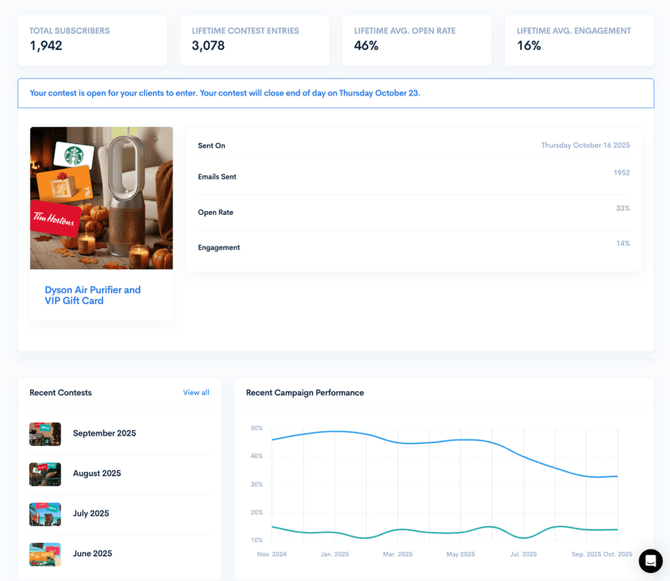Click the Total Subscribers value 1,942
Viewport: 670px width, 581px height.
45,46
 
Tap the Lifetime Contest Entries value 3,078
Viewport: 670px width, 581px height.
208,46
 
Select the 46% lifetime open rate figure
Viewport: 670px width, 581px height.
366,46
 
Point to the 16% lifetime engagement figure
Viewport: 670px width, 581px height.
528,46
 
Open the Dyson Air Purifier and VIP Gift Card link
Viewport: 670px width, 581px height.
92,295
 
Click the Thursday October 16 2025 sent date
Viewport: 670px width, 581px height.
585,145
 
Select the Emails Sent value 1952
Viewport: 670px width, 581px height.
621,173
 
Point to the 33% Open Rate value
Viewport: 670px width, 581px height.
622,208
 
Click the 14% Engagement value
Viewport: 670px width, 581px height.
622,243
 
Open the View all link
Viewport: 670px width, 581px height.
196,393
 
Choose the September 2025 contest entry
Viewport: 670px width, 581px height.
104,433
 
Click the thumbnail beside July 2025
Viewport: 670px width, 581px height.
45,514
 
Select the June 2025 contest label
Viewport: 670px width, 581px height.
92,554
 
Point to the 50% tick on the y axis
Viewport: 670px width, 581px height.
257,428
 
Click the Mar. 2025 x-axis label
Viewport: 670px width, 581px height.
397,554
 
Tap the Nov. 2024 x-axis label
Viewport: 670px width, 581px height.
272,554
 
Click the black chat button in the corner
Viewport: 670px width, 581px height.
650,561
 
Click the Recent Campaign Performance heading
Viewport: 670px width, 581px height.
305,393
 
